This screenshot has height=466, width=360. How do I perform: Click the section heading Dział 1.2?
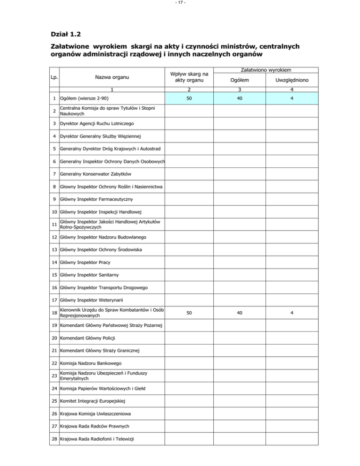66,34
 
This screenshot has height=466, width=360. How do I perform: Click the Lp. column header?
55,76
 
